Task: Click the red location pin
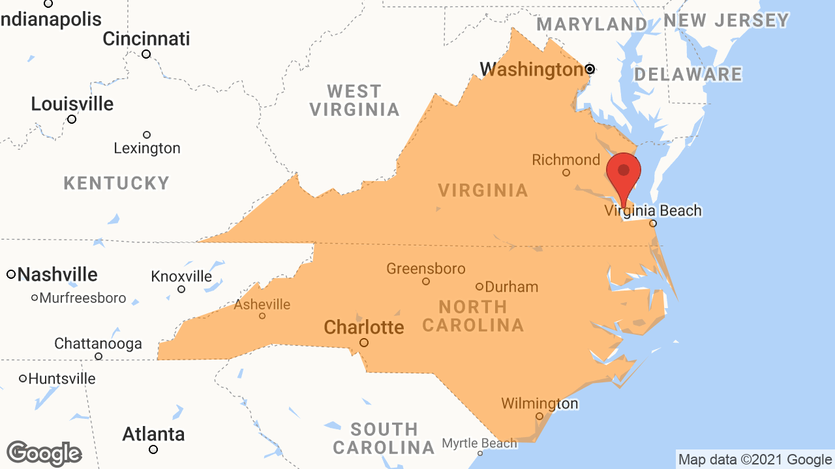624,173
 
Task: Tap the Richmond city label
566,160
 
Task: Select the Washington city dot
590,69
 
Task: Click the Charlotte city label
364,326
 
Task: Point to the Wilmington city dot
539,416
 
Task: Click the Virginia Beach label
653,210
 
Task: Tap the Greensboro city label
426,268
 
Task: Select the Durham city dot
479,287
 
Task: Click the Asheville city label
262,304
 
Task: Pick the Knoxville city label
181,276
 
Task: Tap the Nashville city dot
11,274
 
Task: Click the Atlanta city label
154,434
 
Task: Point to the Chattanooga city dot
99,356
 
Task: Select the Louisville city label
72,104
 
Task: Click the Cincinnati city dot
146,54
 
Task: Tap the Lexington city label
147,149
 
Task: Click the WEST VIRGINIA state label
354,100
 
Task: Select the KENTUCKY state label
117,183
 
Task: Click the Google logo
44,454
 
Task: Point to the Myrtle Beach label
479,444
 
